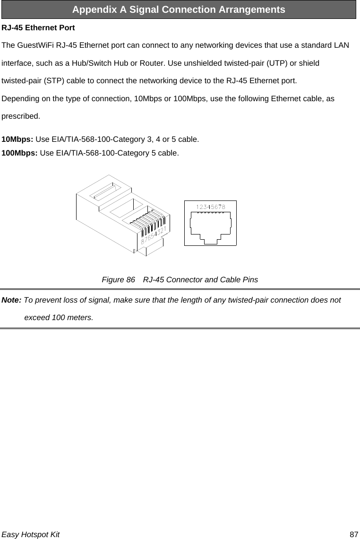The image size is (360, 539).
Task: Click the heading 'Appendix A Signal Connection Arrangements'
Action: tap(179, 9)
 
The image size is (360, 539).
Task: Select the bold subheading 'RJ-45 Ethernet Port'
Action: tap(38, 28)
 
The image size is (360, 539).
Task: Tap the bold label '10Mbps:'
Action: tap(18, 140)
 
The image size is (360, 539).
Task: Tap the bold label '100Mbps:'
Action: tap(20, 153)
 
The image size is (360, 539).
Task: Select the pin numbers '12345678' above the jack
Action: tap(210, 207)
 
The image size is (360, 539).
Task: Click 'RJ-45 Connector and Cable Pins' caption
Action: tap(200, 279)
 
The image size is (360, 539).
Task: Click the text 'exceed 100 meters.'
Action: tap(58, 317)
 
